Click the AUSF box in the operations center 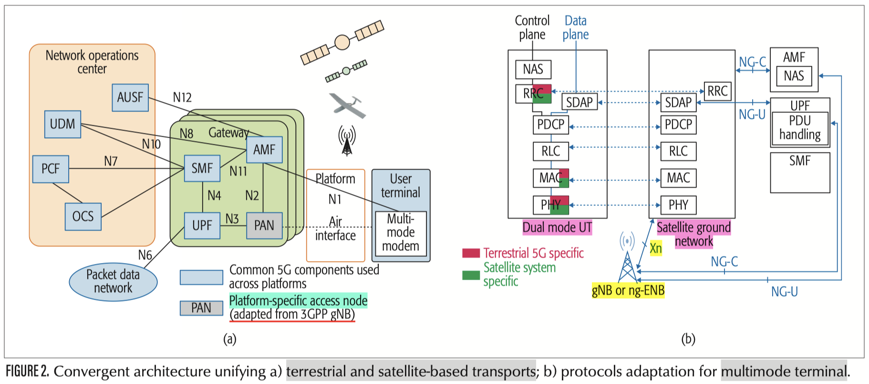coord(130,98)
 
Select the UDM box coord(62,124)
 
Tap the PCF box coord(51,169)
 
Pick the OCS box coord(83,217)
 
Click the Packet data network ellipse coord(113,282)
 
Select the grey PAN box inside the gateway coord(264,225)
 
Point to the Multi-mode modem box coord(401,233)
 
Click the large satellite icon coord(342,42)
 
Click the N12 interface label coord(182,98)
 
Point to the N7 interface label coord(111,162)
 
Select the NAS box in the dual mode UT coord(533,70)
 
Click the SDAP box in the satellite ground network coord(678,102)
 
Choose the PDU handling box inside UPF coord(800,128)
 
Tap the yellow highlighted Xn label coord(656,248)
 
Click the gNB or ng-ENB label coord(628,290)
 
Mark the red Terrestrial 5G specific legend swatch coord(471,253)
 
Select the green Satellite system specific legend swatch coord(471,275)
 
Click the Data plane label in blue coord(575,28)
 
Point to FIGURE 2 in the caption coord(27,371)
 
